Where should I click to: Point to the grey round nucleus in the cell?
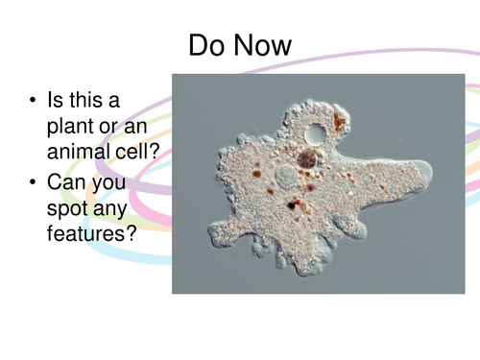click(285, 178)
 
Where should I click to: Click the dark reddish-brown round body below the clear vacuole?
click(309, 158)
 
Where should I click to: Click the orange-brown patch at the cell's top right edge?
click(339, 120)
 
